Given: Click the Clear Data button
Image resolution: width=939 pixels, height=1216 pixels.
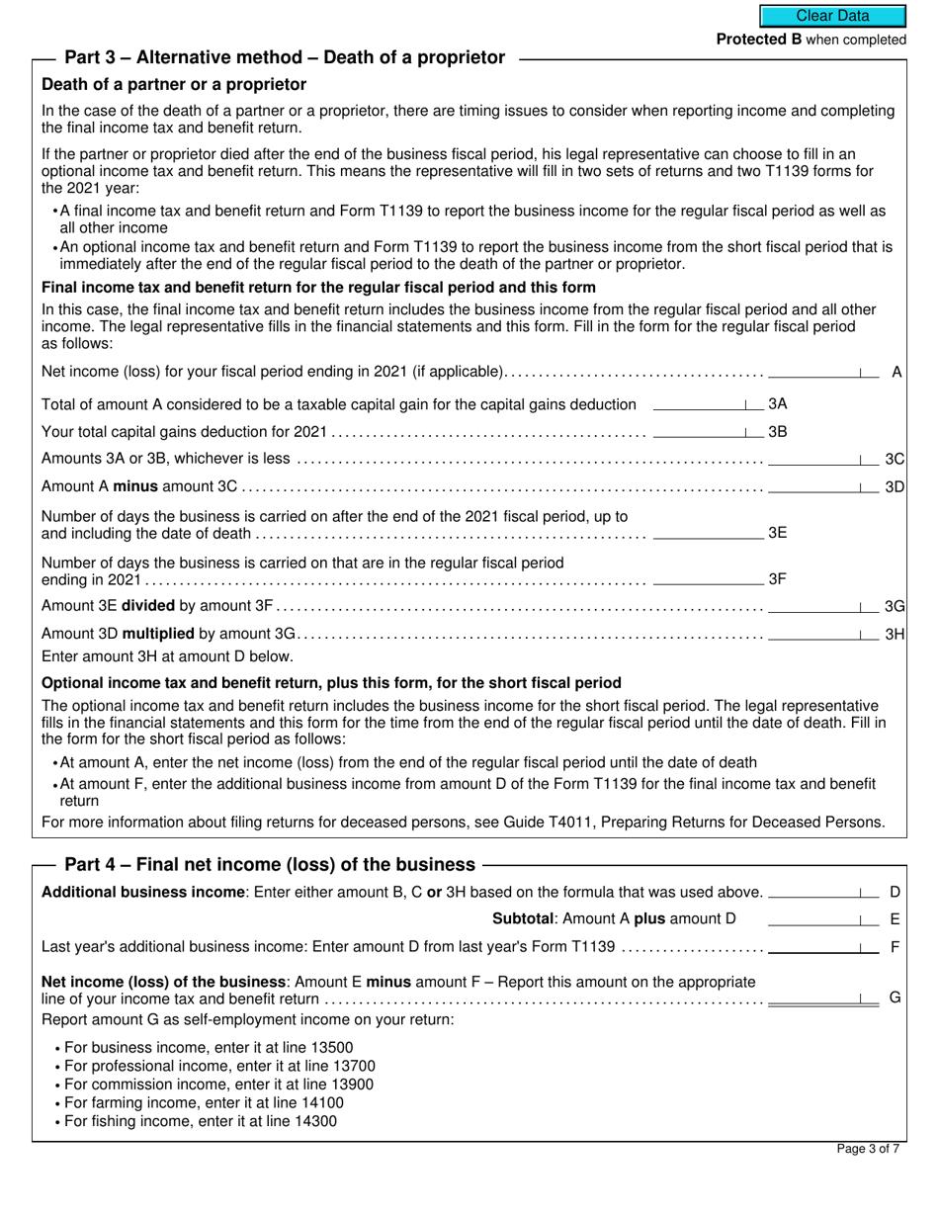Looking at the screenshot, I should point(832,16).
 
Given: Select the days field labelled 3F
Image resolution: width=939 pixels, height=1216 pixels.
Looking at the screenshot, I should point(708,578).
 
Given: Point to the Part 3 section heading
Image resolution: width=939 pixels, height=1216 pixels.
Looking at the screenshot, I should point(285,57).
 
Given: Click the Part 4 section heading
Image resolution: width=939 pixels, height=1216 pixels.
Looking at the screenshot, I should point(270,864).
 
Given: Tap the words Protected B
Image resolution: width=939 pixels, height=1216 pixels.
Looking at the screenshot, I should point(758,40).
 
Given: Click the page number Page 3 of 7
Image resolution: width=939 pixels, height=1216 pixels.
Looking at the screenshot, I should point(868,1149).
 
